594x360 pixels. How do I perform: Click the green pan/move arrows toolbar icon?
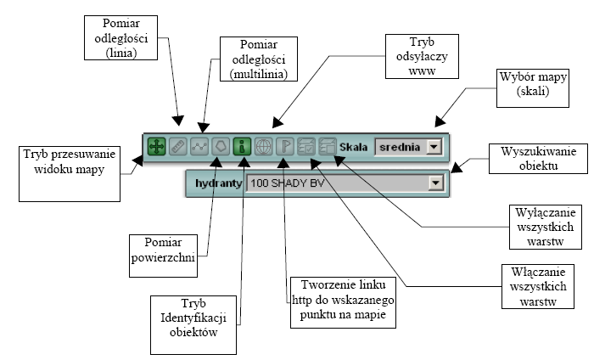156,146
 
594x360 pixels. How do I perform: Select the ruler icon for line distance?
177,146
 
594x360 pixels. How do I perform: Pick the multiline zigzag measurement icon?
199,146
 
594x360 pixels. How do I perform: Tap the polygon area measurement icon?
221,146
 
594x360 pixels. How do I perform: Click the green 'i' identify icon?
242,146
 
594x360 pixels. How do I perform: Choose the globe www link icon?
263,146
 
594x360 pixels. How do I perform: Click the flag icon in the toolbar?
285,146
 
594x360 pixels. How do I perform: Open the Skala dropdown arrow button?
434,147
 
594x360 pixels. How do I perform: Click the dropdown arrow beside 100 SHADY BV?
436,183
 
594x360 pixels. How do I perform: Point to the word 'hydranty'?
216,183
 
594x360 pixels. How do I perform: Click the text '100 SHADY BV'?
288,183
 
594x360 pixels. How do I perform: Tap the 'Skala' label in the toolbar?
354,147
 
